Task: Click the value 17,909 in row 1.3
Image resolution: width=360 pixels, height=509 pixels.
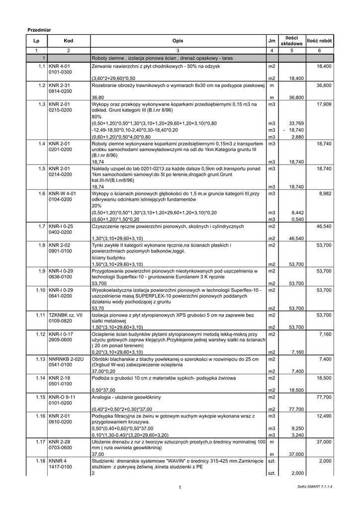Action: click(x=324, y=105)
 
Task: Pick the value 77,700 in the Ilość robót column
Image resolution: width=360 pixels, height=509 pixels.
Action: click(x=324, y=398)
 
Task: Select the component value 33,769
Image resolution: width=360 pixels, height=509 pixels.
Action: click(x=296, y=123)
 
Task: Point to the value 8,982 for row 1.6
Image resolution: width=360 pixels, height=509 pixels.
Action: click(x=325, y=193)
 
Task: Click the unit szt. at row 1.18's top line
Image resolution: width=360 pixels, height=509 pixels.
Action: click(x=271, y=461)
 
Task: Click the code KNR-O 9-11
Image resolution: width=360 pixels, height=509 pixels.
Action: click(x=63, y=398)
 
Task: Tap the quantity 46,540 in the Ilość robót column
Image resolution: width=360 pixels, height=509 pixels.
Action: click(x=324, y=227)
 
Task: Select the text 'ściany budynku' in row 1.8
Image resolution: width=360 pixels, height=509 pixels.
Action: click(x=108, y=258)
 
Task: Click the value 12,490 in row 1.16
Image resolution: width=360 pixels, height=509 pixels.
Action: click(x=324, y=416)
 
